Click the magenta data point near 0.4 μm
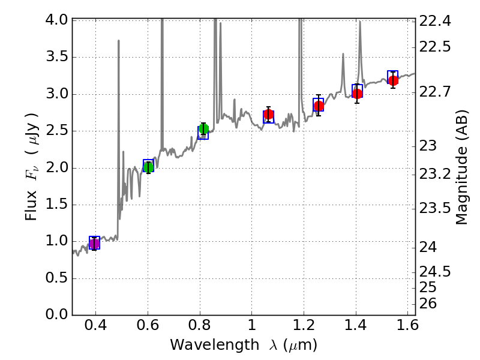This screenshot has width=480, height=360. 94,243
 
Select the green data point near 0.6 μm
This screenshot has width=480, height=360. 148,167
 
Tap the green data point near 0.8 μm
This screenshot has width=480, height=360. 203,129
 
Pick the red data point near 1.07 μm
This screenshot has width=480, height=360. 268,114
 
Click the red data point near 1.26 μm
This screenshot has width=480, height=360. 319,106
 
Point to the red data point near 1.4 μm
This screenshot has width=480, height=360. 357,94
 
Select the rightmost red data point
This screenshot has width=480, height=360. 393,80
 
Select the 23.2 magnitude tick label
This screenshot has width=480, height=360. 436,174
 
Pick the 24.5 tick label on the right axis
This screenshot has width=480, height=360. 436,272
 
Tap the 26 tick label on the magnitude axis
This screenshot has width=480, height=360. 430,304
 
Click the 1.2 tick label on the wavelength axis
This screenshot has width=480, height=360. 304,328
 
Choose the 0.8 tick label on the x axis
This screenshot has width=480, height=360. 200,328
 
